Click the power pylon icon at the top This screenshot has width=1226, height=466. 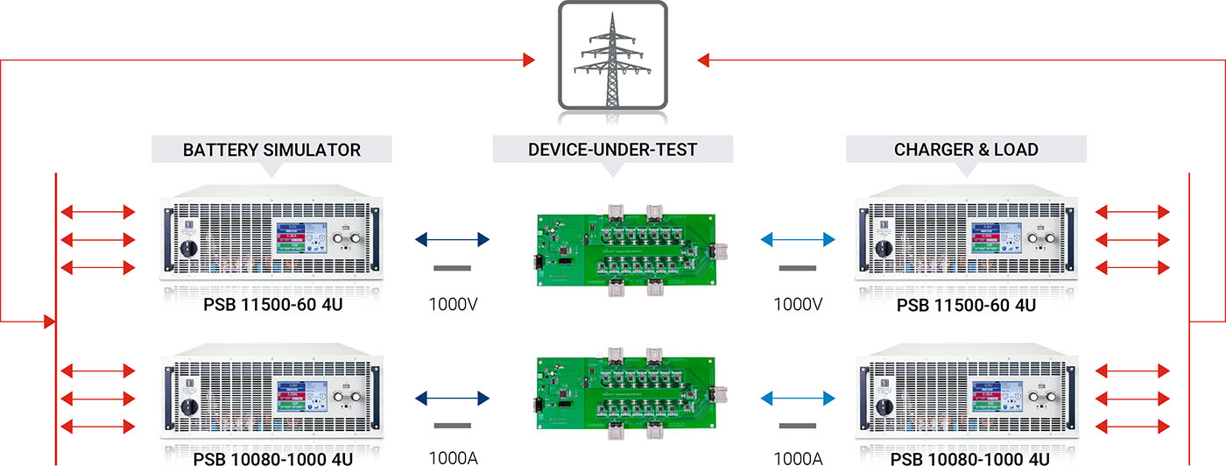click(x=613, y=58)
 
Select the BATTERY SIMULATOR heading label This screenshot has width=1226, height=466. click(x=271, y=150)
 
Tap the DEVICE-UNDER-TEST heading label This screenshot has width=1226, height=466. click(x=613, y=150)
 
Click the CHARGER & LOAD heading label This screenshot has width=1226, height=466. click(x=966, y=150)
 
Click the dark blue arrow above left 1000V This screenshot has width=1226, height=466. click(x=452, y=239)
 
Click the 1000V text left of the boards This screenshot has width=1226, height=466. click(x=453, y=306)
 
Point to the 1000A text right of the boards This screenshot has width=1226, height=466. click(x=798, y=457)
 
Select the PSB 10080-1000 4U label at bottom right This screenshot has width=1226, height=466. click(x=966, y=457)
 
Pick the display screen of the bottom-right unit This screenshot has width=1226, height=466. click(x=994, y=399)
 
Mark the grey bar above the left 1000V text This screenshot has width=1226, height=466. click(x=452, y=268)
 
